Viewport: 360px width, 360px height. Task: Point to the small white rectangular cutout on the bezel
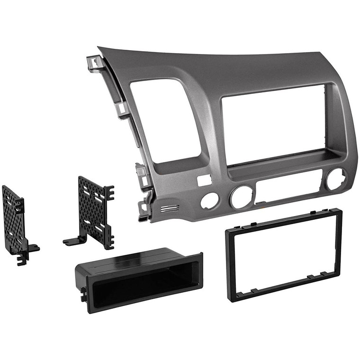click(x=203, y=180)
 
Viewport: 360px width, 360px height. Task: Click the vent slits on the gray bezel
click(x=170, y=209)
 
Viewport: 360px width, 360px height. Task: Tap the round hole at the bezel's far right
click(x=335, y=180)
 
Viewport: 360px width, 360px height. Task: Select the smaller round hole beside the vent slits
click(x=209, y=201)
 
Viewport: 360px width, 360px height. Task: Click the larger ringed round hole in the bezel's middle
click(x=242, y=197)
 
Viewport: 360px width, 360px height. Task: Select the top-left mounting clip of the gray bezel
click(x=95, y=63)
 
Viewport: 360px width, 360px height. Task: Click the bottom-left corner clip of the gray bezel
click(x=144, y=210)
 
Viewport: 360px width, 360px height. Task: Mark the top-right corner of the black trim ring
click(x=337, y=212)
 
